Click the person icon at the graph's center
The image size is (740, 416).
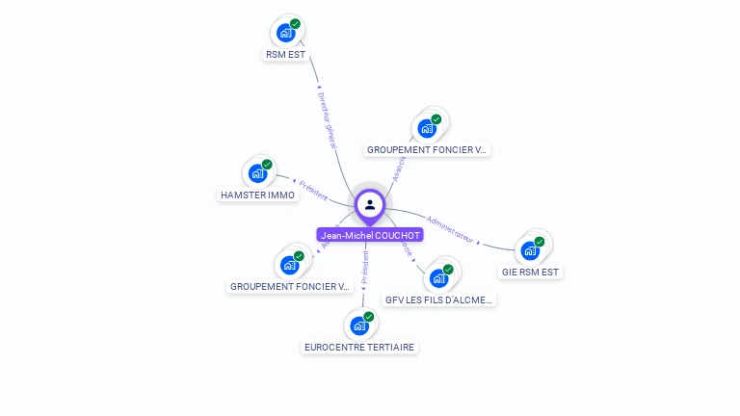[x=370, y=204]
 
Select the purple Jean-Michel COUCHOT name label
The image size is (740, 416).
[x=370, y=235]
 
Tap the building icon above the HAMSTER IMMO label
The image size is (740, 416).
[x=257, y=173]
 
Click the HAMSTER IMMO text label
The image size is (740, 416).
[x=257, y=195]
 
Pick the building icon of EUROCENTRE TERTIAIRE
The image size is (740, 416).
[x=359, y=325]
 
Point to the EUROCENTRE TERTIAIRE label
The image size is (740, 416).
[x=360, y=347]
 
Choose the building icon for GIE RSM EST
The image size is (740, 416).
[x=530, y=250]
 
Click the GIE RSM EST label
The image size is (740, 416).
[x=530, y=273]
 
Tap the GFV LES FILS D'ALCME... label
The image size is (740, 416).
[x=439, y=299]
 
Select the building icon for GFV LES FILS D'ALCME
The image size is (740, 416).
[x=439, y=278]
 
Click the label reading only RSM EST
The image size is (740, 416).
[x=285, y=55]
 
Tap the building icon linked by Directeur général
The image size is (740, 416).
[x=285, y=33]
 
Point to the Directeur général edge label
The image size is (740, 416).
[x=328, y=119]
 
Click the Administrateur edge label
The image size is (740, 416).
[x=451, y=228]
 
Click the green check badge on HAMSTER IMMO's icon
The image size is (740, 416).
[x=267, y=165]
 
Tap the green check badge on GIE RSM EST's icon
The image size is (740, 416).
[x=540, y=242]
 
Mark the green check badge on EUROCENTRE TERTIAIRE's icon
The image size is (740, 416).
[x=368, y=317]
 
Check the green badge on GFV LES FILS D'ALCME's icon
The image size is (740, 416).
[x=448, y=270]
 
